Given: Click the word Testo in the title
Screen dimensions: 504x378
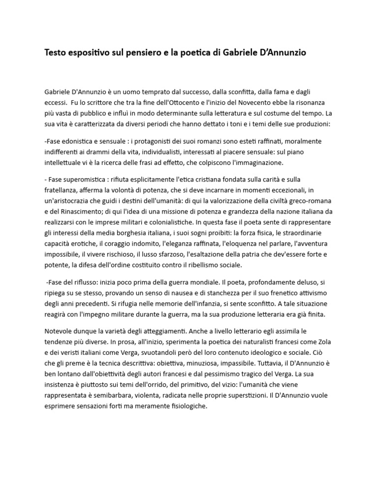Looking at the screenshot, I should pos(57,53).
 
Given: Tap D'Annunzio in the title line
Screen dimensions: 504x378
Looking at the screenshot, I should pos(280,53).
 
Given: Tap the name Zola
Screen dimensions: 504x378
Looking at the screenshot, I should pos(319,342).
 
